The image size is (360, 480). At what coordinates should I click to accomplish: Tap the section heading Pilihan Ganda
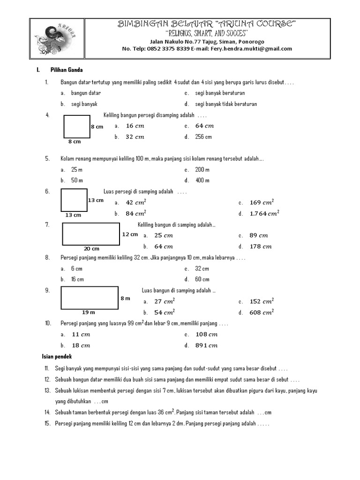(67, 70)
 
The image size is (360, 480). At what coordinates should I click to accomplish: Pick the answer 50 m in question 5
(77, 180)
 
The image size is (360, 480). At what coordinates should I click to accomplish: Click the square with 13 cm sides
(74, 200)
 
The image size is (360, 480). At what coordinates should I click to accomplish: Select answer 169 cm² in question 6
(261, 202)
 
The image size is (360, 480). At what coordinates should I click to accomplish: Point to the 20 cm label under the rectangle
(91, 248)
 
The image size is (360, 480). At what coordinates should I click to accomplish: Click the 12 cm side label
(130, 234)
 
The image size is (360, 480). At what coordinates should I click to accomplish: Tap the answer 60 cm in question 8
(202, 279)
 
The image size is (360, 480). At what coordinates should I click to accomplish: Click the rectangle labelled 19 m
(89, 297)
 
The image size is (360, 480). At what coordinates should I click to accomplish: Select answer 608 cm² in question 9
(261, 312)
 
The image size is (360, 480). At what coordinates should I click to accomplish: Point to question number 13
(47, 390)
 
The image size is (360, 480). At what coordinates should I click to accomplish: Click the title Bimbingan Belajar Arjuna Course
(207, 24)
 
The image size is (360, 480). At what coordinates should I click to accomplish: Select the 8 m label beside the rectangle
(125, 298)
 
